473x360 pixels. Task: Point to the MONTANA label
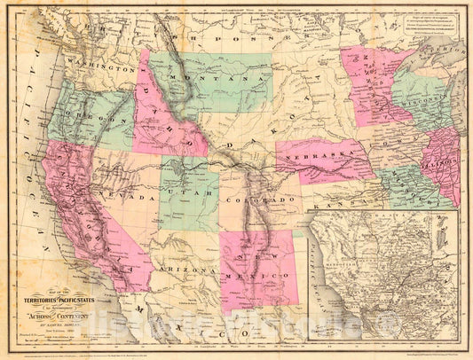210,79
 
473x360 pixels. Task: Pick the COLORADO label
264,200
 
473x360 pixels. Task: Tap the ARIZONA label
189,267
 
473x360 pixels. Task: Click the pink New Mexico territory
256,266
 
